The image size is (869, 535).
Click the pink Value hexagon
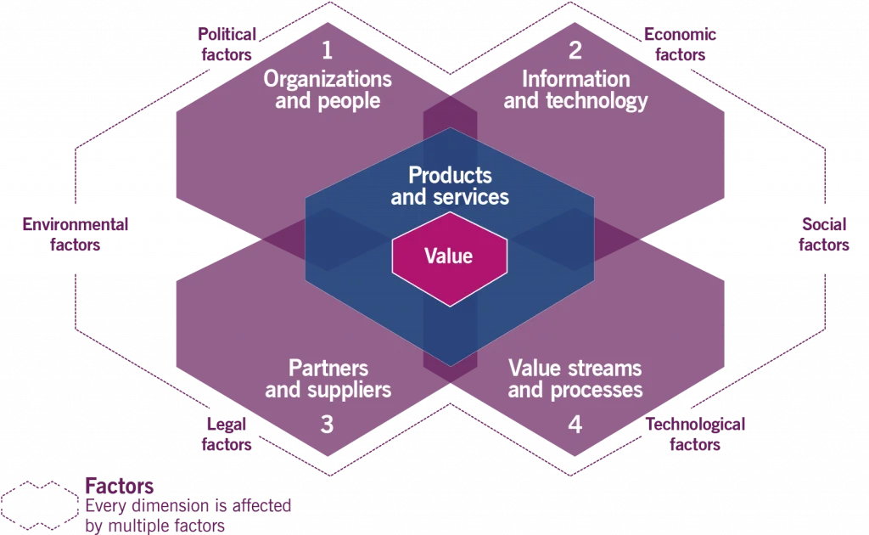point(449,256)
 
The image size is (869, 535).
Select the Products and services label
point(450,186)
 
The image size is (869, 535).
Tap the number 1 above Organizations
point(328,50)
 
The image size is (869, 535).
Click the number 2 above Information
point(575,50)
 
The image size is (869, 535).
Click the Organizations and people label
point(328,90)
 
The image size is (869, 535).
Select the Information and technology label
point(575,90)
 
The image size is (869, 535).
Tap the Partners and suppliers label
point(328,380)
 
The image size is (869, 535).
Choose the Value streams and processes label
point(575,380)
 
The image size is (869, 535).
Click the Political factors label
point(227,44)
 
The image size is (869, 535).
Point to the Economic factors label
point(680,44)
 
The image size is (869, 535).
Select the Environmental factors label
point(76,234)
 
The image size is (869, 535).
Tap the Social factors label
point(825,234)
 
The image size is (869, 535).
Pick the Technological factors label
point(695,434)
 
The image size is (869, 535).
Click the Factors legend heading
point(119,487)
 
